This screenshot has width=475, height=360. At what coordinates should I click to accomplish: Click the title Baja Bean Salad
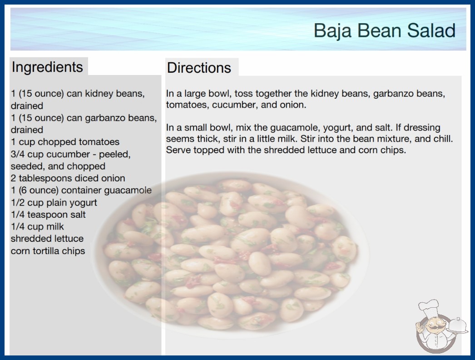(x=385, y=30)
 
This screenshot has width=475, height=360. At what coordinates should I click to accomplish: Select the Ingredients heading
(x=47, y=67)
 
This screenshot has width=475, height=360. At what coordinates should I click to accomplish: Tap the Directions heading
(x=199, y=68)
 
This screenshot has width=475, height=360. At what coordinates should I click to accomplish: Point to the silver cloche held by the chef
(x=457, y=326)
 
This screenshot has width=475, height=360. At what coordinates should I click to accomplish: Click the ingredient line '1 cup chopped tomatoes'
(x=65, y=142)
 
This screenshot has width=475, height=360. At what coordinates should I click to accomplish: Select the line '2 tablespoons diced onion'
(x=68, y=178)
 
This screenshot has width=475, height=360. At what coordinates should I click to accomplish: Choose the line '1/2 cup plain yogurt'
(x=54, y=203)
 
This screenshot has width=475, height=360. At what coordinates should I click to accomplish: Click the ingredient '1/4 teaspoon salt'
(x=48, y=215)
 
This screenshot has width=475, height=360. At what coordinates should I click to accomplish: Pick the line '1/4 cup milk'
(x=37, y=226)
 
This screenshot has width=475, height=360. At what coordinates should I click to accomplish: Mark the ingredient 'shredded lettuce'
(x=47, y=239)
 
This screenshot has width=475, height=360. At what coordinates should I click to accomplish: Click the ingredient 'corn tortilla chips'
(x=48, y=251)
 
